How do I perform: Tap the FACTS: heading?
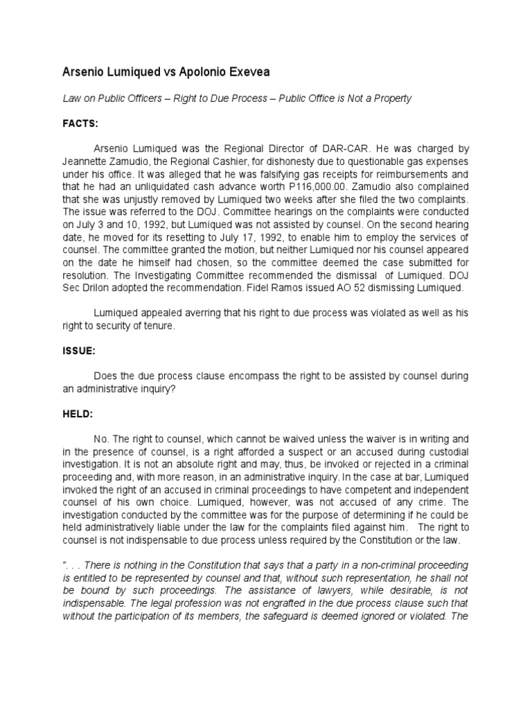point(80,123)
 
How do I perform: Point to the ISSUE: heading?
point(78,351)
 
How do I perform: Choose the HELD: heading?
point(77,414)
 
